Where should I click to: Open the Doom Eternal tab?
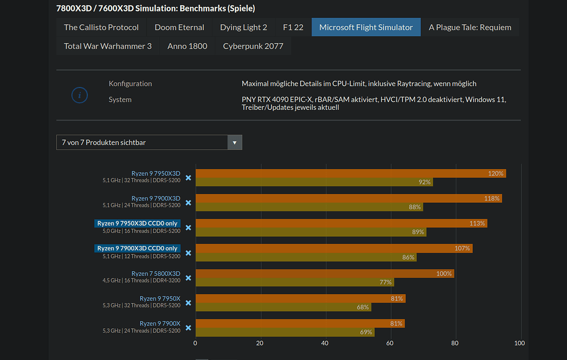tap(179, 27)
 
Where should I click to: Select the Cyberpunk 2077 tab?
tap(253, 46)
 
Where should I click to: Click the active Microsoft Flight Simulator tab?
tap(366, 27)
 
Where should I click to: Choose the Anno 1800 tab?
tap(187, 46)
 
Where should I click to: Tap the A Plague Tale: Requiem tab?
tap(469, 27)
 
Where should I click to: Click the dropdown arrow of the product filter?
tap(234, 142)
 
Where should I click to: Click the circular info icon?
tap(79, 95)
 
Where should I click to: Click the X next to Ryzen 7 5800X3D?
tap(188, 278)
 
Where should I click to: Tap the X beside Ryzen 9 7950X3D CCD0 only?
tap(188, 227)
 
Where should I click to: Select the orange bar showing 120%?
tap(351, 174)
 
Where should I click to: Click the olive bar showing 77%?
tap(295, 282)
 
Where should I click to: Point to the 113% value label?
tap(477, 224)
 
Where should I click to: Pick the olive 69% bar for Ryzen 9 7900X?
tap(285, 332)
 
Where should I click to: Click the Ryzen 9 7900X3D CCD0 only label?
tap(138, 248)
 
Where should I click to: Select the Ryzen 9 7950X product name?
tap(159, 299)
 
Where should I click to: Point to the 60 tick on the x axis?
tap(390, 343)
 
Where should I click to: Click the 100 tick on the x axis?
tap(519, 343)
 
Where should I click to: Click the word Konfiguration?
tap(130, 84)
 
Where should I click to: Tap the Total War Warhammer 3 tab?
tap(108, 46)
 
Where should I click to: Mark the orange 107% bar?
tap(334, 249)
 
